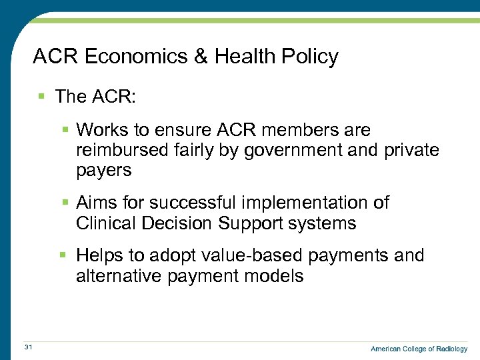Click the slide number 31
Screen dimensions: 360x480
[x=28, y=347]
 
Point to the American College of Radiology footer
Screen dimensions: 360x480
[x=419, y=349]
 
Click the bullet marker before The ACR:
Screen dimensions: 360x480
[x=41, y=97]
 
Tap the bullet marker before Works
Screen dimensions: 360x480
[x=65, y=129]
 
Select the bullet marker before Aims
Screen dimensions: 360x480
[x=65, y=202]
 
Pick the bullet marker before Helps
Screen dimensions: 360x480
[x=65, y=255]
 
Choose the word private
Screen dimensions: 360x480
[x=411, y=150]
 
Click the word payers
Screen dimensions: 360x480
[x=104, y=171]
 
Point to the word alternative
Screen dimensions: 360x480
[x=117, y=277]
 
